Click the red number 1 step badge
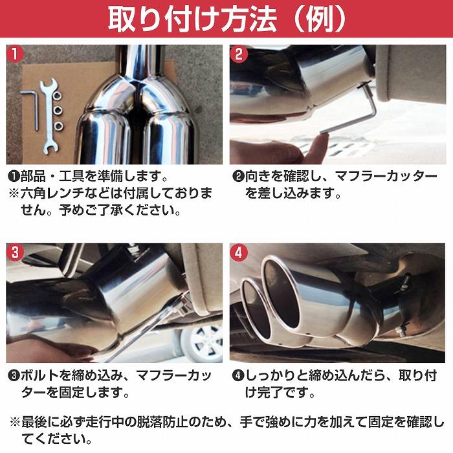point(16,55)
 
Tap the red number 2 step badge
point(239,55)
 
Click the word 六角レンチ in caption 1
point(54,193)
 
